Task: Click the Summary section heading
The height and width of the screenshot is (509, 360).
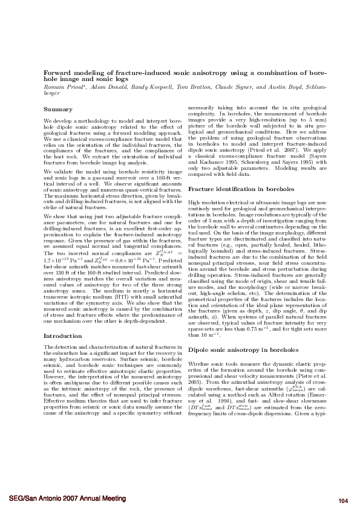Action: click(x=58, y=109)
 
